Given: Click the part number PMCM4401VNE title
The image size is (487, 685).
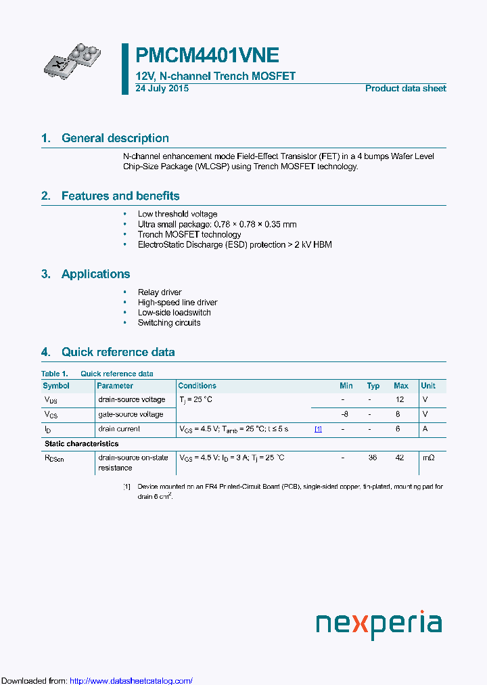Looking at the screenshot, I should coord(207,56).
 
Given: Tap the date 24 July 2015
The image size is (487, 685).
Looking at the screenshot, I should coord(162,89).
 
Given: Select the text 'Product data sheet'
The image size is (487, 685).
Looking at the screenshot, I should coord(405,89).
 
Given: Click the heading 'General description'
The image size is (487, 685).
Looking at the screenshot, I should coord(115,138).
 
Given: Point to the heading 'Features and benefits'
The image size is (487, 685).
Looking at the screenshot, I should coord(120,196).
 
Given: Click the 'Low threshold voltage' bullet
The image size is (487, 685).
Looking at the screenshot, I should coord(177,214).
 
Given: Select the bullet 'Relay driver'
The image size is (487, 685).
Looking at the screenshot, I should coord(160,292).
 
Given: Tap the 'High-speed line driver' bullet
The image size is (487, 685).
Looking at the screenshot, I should coord(177,303).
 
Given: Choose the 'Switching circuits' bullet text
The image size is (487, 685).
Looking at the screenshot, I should coord(169,323).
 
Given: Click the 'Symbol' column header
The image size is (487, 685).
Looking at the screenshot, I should coord(56,386).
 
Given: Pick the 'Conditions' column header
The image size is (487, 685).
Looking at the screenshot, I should coord(197,386).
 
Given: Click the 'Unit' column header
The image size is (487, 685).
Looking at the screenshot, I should coord(428,386).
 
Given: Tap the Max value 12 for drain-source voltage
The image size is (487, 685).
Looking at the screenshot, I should coord(400,399).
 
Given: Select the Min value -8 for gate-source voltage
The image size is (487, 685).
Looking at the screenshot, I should coord(345,414).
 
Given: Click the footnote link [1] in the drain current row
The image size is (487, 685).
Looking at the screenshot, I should coord(318,429).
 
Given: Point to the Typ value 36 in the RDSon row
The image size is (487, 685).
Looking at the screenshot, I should coord(373,458).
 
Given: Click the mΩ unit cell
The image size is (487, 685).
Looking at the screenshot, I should coord(428,458).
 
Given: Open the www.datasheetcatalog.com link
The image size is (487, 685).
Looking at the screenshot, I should coord(131,681).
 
